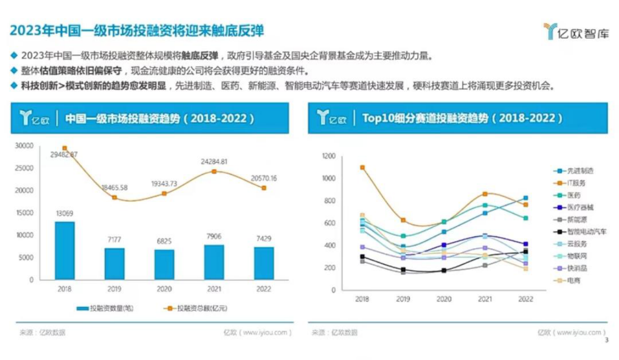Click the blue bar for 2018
65,251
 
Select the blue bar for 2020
164,264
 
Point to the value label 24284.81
214,162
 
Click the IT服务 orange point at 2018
363,168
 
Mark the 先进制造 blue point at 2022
526,198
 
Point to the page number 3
607,341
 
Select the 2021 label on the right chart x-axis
485,299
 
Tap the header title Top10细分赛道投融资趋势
462,119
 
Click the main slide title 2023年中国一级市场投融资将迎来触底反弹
137,31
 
